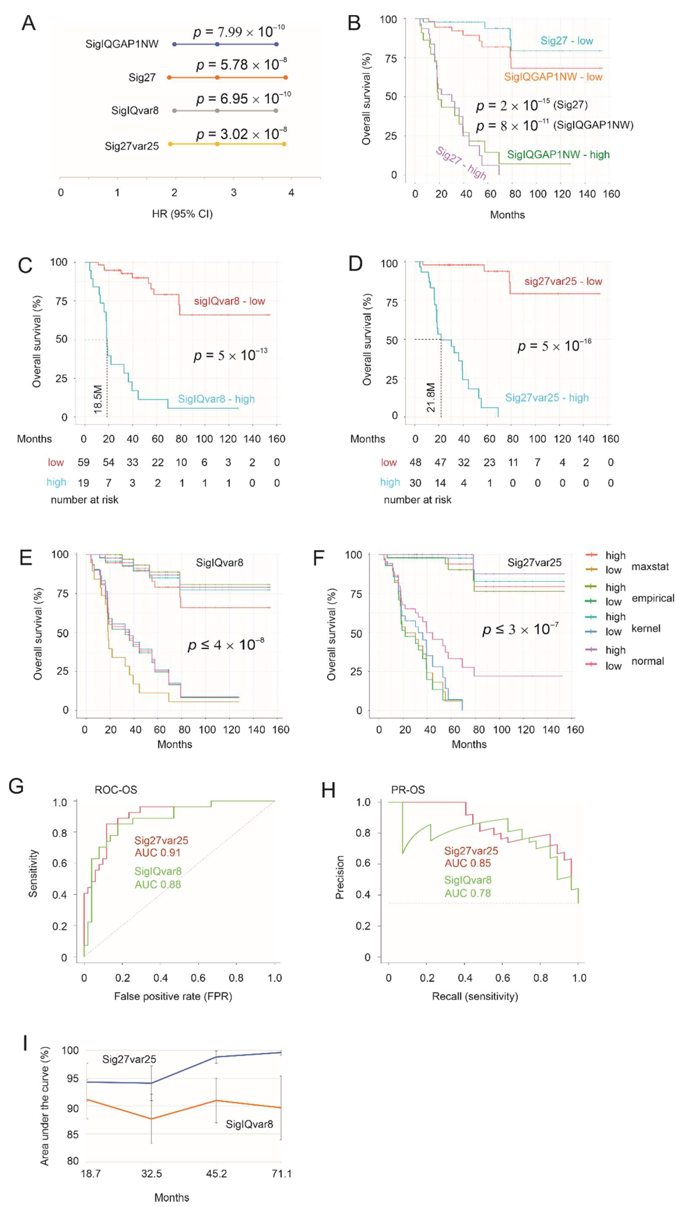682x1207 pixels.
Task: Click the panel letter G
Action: click(x=16, y=786)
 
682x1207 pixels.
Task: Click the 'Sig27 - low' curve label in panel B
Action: click(x=567, y=41)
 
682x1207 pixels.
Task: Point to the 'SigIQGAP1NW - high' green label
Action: click(x=558, y=155)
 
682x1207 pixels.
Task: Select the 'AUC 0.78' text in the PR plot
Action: click(x=467, y=893)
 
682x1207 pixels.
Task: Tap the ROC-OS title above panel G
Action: click(x=116, y=790)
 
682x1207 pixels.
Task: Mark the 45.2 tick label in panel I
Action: click(x=216, y=1173)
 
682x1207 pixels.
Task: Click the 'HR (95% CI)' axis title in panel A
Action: click(x=182, y=214)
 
